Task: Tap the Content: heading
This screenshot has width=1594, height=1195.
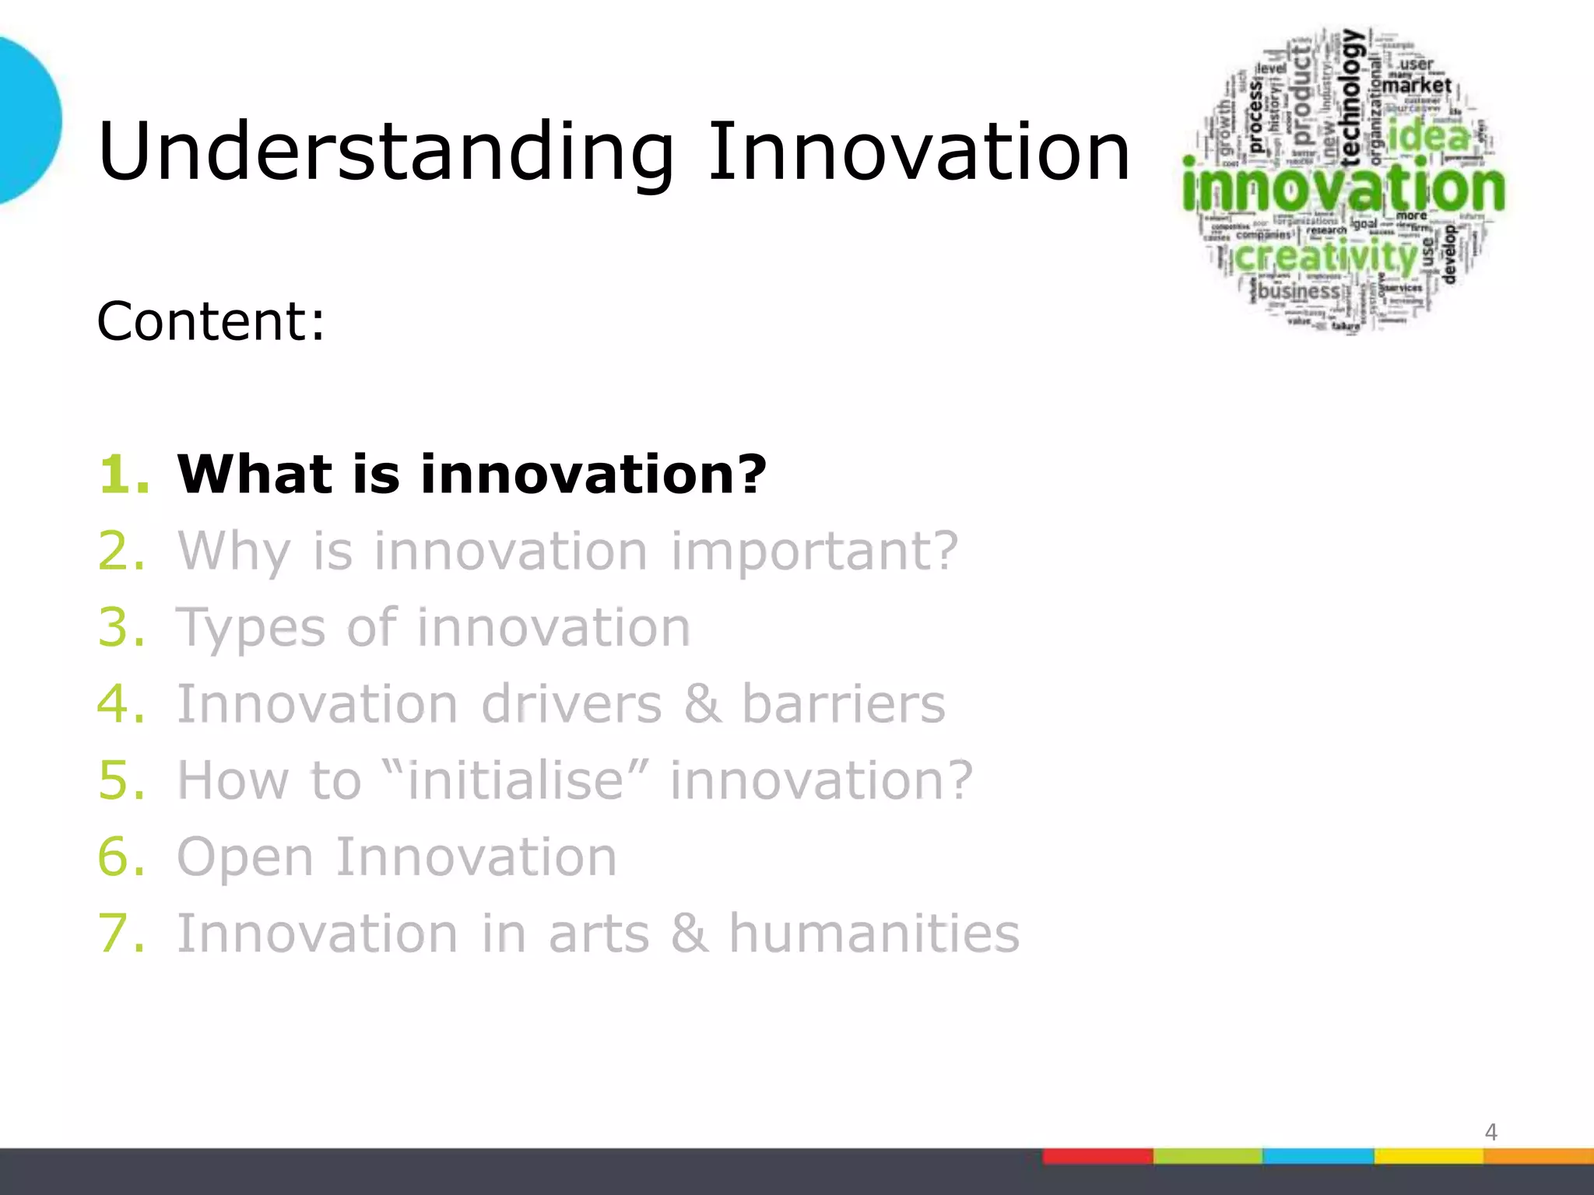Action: point(210,321)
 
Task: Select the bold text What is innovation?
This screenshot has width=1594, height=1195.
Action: point(472,474)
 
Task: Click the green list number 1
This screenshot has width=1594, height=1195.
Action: point(123,474)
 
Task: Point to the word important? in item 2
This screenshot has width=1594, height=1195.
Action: point(814,551)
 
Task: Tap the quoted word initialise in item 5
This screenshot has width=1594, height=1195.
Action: point(515,780)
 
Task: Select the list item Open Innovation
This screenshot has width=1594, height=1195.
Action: point(397,857)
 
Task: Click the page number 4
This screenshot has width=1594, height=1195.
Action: point(1490,1132)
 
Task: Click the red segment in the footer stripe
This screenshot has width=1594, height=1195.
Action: point(1097,1156)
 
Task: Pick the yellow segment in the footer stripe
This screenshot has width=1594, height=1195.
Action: point(1428,1156)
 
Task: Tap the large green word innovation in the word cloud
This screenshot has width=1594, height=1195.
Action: point(1343,189)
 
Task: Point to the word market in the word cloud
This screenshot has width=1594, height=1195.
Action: point(1417,85)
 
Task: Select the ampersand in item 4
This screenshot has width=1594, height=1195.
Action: point(702,703)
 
